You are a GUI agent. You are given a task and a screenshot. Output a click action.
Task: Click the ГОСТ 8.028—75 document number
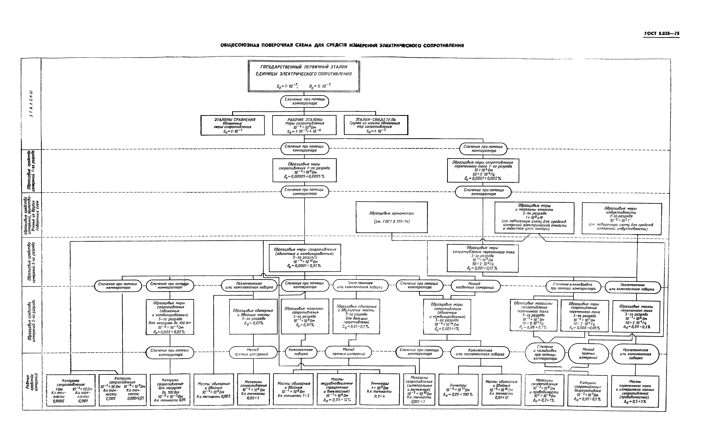(x=662, y=34)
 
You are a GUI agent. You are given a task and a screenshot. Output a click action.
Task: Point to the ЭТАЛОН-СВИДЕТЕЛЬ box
(x=376, y=125)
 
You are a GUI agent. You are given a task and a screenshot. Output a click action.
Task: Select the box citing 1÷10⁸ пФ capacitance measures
(x=534, y=217)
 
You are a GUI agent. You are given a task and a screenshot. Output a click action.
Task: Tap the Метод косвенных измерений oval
(x=476, y=286)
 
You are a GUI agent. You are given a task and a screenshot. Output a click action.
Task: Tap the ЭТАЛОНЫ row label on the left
(x=32, y=104)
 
